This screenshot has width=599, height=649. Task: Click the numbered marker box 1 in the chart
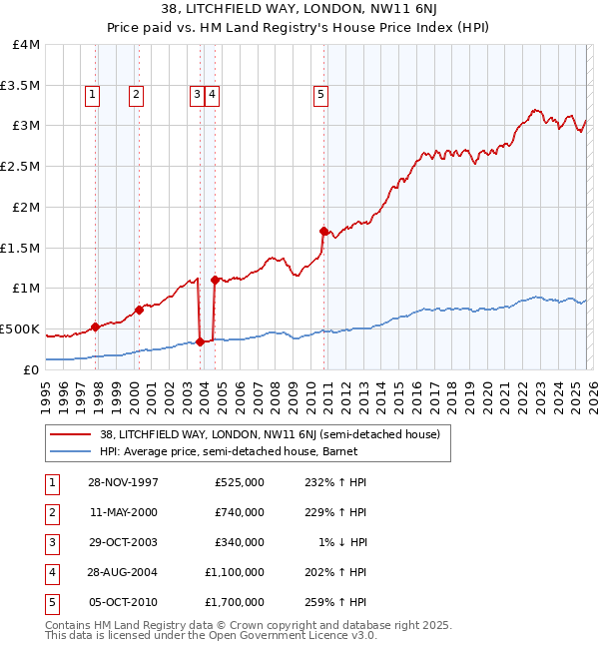tap(92, 95)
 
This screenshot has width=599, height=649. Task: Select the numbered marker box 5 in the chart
tap(320, 95)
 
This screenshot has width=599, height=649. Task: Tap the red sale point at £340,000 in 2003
tap(200, 341)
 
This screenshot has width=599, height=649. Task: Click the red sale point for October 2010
tap(323, 231)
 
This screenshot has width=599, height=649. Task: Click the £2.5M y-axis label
tap(21, 166)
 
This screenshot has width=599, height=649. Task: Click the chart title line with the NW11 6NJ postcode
tap(299, 12)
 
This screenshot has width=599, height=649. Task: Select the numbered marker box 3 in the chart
tap(197, 95)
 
